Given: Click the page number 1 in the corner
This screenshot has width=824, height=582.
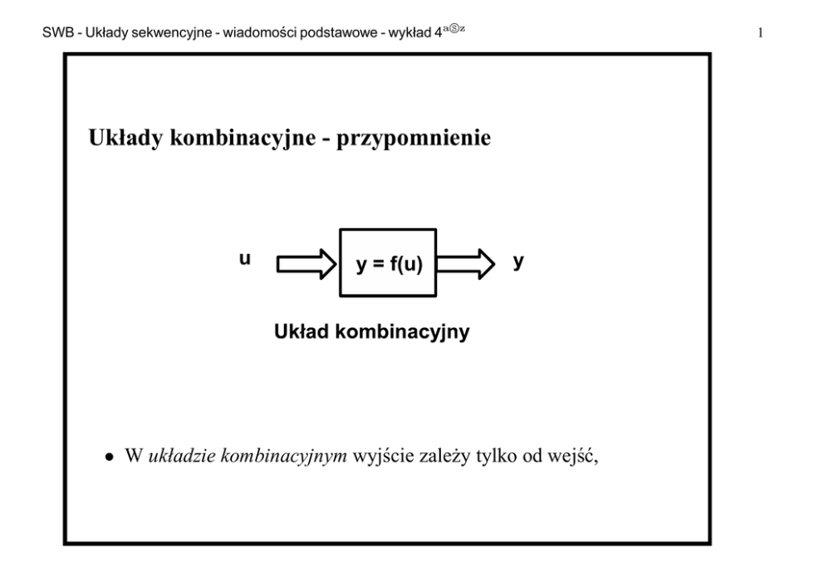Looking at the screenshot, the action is point(760,34).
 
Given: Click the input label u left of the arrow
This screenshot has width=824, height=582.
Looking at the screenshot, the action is point(245,260).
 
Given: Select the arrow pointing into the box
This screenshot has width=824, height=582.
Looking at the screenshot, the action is point(306,264).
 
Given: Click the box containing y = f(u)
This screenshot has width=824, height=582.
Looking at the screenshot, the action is point(388,263).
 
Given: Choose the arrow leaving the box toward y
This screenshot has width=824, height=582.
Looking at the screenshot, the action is point(466,264).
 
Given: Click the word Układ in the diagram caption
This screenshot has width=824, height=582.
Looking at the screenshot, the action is point(300,333).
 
